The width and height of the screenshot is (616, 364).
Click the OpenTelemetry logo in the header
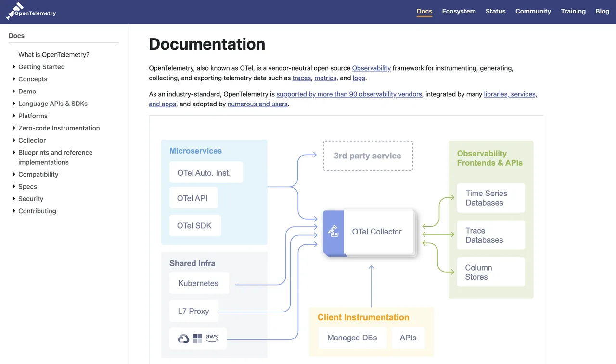[31, 11]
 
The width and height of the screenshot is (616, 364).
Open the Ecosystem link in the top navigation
[459, 11]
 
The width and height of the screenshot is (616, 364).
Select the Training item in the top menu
[573, 11]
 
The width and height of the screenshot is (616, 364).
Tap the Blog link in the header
[602, 11]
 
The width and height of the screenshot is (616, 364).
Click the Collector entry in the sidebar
[32, 140]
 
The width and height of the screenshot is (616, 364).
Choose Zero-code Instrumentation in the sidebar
[59, 128]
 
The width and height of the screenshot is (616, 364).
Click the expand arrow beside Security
[13, 198]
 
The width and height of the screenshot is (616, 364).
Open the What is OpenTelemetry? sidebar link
[53, 55]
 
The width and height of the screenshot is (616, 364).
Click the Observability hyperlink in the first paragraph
[371, 68]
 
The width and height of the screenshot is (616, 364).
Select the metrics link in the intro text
[325, 78]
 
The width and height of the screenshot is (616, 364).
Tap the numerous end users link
[257, 104]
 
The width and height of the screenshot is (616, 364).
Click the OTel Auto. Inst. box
[206, 172]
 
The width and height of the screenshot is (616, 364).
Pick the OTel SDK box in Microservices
[195, 226]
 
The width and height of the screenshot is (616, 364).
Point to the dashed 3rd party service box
[368, 156]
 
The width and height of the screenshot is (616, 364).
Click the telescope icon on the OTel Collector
[334, 231]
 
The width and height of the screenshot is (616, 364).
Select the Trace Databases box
[491, 235]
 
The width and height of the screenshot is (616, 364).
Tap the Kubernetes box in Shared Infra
[199, 283]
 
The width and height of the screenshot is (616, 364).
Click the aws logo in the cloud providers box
[212, 338]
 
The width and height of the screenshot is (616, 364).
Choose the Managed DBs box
[352, 338]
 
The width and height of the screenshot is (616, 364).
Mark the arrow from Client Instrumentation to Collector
[371, 286]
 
